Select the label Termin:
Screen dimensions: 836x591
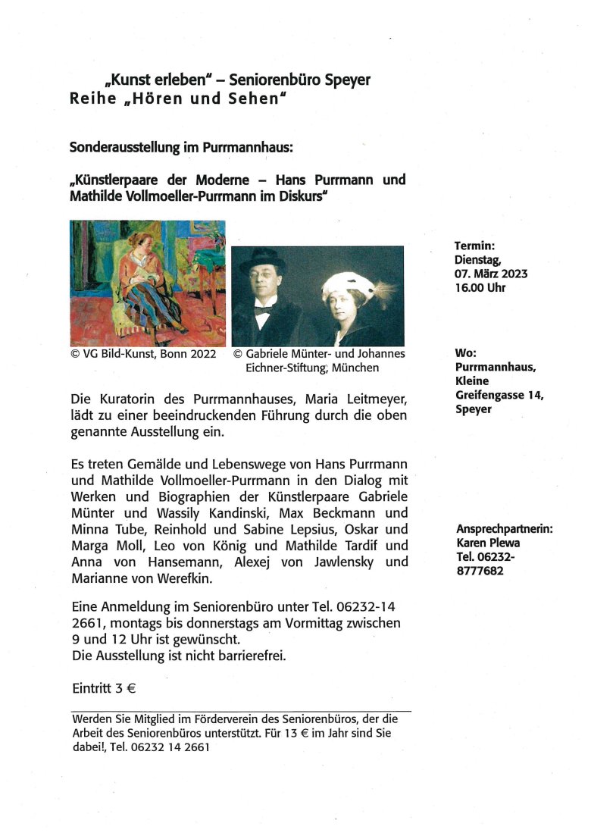[x=474, y=246]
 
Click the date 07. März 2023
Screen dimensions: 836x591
[x=491, y=274]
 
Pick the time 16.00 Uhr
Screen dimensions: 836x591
[x=480, y=288]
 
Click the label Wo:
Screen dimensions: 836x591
[x=465, y=353]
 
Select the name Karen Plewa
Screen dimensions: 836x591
[x=488, y=543]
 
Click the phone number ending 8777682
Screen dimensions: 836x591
[x=480, y=571]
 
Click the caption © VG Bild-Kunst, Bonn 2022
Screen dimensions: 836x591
[x=143, y=354]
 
